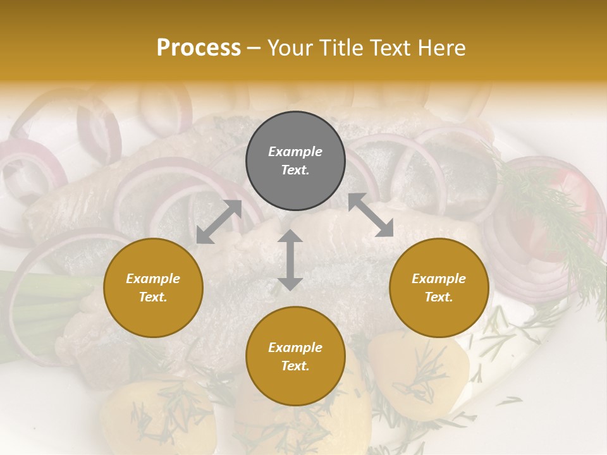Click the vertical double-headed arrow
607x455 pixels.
click(290, 260)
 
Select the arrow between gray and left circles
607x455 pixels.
click(219, 222)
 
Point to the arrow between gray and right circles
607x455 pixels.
click(371, 215)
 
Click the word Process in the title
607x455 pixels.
click(199, 47)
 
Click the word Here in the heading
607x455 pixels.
click(441, 47)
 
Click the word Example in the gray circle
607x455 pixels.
click(295, 152)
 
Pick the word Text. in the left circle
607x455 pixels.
click(153, 297)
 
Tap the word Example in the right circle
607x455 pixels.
click(439, 279)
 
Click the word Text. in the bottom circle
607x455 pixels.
click(295, 366)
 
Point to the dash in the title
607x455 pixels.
click(254, 48)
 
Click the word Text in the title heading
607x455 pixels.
click(389, 47)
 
